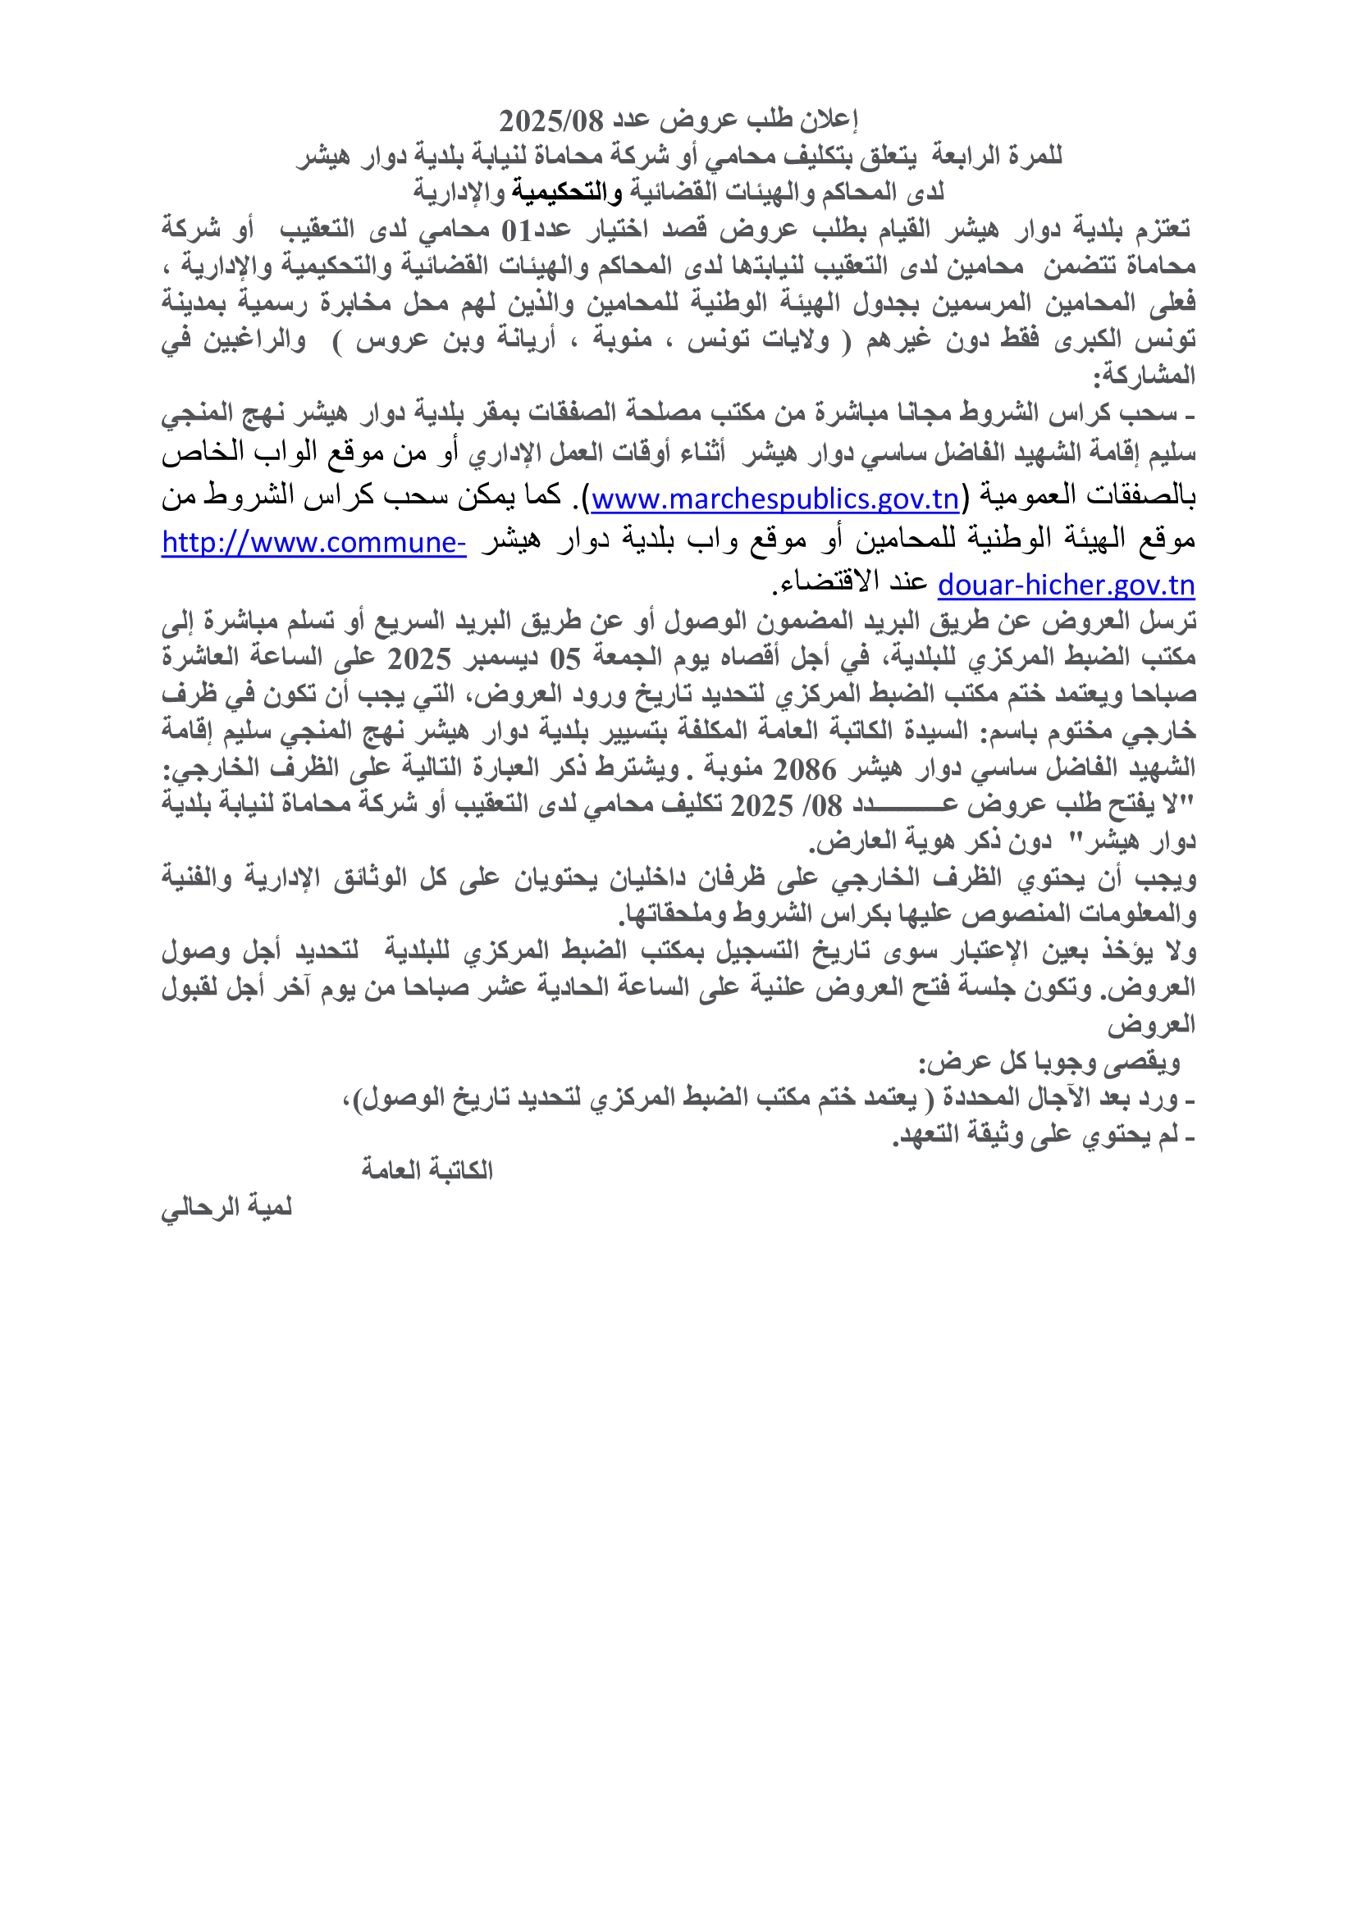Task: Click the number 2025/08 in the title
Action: click(x=551, y=122)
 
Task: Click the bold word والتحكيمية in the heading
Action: click(x=568, y=192)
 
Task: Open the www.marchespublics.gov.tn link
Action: click(x=774, y=499)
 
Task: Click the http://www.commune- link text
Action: click(x=313, y=543)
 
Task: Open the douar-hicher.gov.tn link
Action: click(x=1067, y=585)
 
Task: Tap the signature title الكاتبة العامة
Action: click(x=427, y=1169)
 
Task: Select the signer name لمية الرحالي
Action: click(x=226, y=1207)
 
